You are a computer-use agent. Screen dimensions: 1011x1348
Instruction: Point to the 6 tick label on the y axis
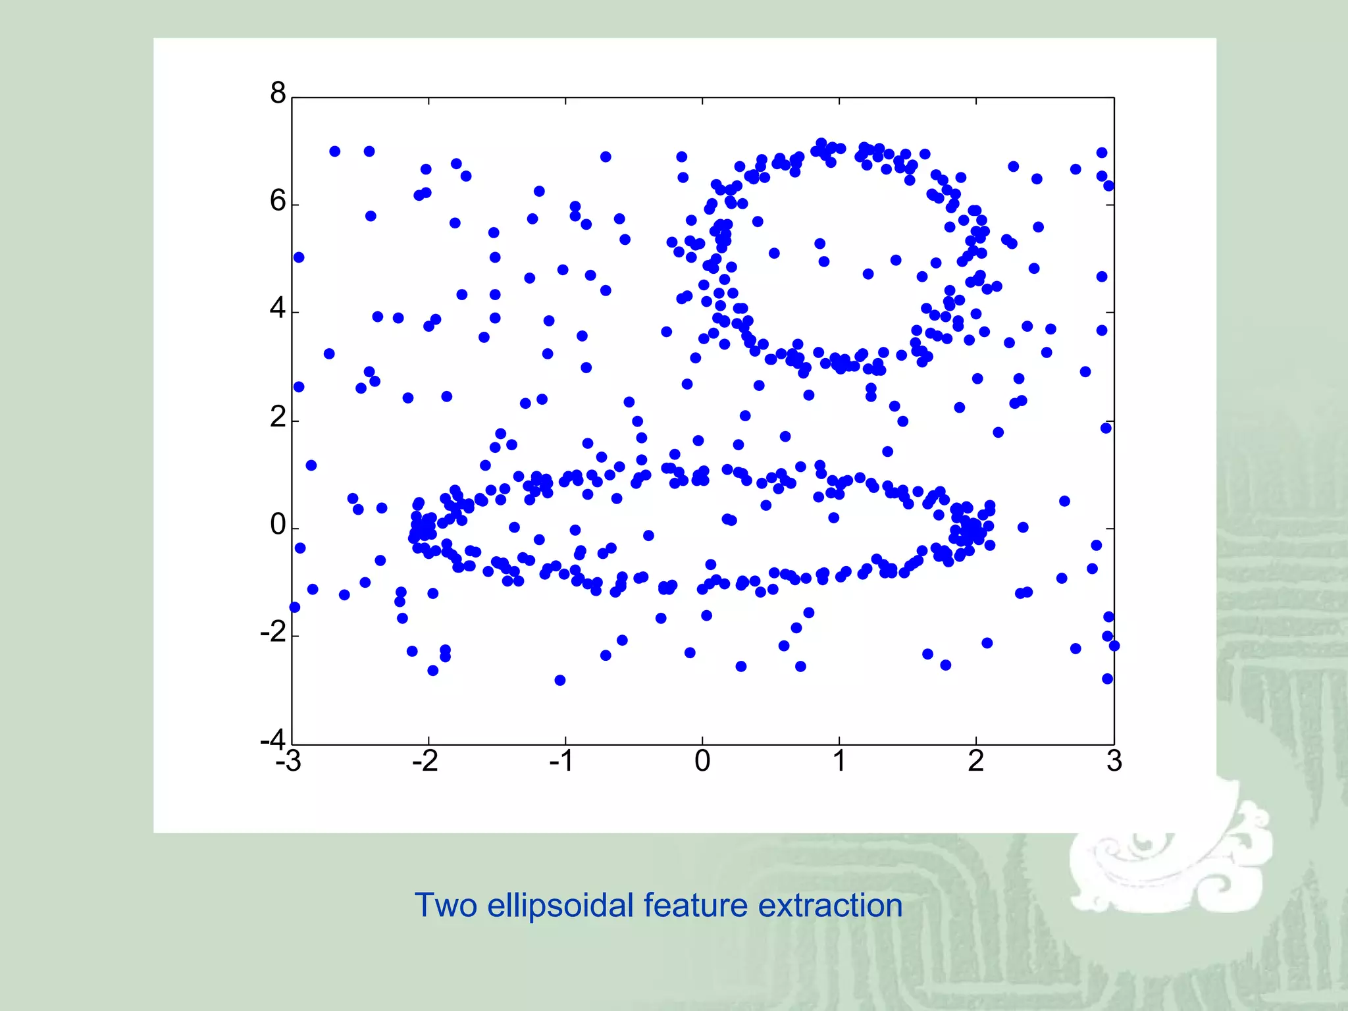278,201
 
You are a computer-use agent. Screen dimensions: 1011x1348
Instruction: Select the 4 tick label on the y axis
278,308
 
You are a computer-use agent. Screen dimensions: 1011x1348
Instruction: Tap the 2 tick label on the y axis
278,417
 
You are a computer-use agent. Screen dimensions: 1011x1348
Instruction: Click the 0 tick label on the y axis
278,525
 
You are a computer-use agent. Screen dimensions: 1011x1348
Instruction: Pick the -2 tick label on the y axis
273,633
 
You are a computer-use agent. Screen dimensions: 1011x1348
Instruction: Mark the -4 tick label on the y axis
273,739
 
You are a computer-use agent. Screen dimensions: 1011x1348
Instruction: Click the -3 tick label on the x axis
288,762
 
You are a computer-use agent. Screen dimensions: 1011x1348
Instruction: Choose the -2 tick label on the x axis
425,762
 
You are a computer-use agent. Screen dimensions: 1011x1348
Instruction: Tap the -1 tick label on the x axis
561,762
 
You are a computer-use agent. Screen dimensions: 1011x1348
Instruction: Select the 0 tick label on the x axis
702,762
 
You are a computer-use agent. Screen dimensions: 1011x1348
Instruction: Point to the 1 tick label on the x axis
839,762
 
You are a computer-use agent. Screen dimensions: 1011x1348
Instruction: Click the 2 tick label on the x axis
976,762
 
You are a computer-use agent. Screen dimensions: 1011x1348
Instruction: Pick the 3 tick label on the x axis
1114,762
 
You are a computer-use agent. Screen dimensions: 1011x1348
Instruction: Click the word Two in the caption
445,905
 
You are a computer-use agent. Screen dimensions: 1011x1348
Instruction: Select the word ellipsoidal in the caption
560,906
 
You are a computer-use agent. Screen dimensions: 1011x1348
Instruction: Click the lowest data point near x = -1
559,680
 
